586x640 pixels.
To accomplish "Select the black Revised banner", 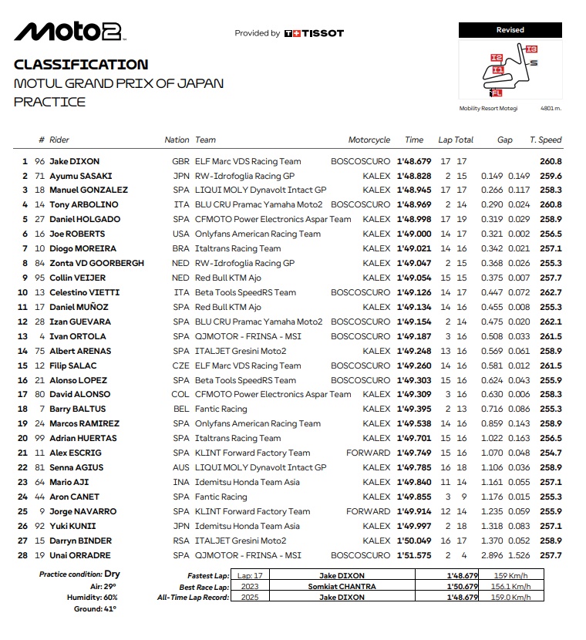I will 510,30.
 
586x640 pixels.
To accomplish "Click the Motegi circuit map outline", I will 508,70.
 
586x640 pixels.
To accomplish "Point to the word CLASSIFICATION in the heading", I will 81,65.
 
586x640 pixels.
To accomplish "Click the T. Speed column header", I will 545,140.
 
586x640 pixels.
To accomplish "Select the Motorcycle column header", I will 369,140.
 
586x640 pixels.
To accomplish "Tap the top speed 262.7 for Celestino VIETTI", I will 551,292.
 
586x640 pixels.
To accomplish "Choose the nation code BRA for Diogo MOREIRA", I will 180,248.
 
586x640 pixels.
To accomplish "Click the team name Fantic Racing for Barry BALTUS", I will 221,409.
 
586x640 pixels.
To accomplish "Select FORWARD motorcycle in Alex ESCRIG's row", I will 368,453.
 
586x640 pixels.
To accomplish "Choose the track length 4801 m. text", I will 551,108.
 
